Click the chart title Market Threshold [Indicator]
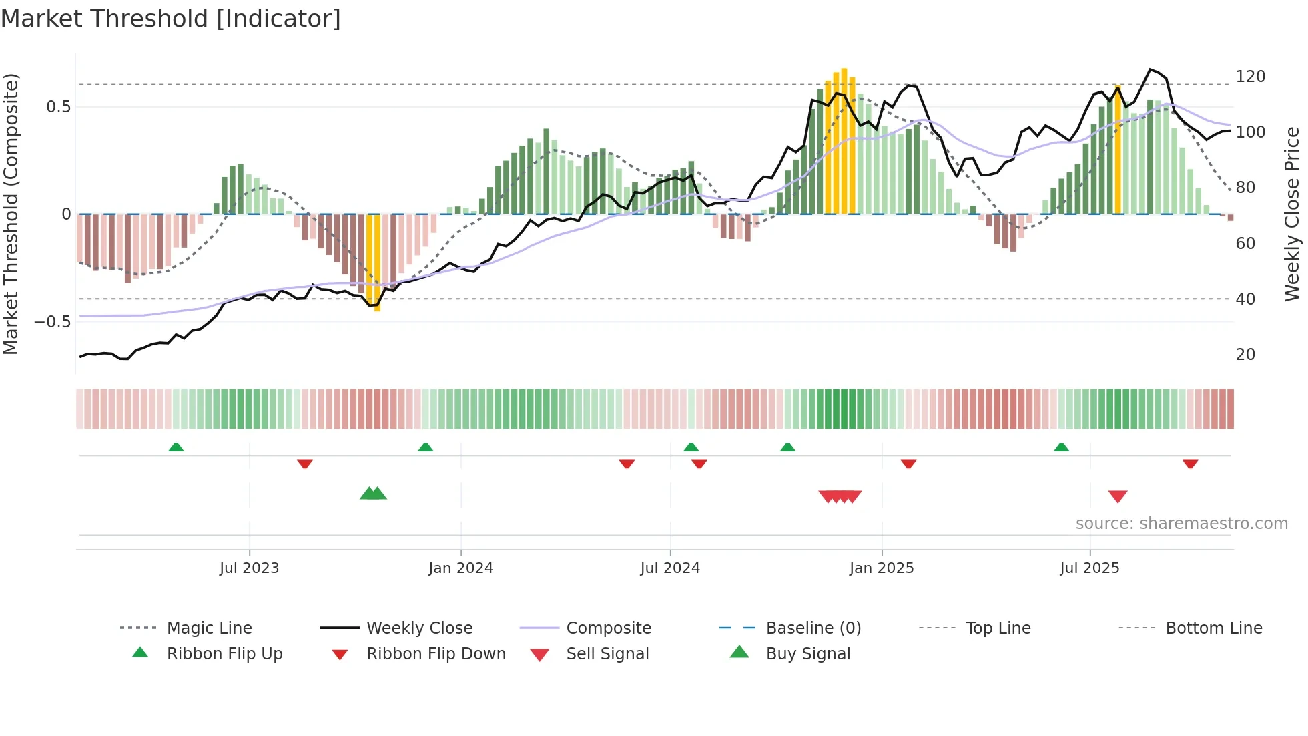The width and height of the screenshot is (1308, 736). (x=171, y=19)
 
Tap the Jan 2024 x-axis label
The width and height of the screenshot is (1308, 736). (x=460, y=568)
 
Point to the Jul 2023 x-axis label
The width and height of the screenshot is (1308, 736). (x=249, y=568)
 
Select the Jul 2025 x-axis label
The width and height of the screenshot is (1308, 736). (x=1089, y=568)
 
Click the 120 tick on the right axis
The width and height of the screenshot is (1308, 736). (x=1250, y=77)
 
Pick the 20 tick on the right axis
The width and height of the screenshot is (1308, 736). (x=1245, y=355)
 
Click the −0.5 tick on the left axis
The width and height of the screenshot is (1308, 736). (x=53, y=322)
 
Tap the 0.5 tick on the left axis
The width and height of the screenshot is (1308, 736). (x=58, y=107)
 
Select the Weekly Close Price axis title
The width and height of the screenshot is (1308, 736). (x=1292, y=214)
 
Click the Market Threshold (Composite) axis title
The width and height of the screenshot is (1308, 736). (x=11, y=214)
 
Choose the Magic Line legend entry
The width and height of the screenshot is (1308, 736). (x=209, y=628)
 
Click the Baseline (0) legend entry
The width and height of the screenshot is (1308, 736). (x=813, y=628)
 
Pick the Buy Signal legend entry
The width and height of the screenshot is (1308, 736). (x=807, y=654)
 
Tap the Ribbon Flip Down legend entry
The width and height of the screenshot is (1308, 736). (x=435, y=654)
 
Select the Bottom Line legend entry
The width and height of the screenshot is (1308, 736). (x=1213, y=628)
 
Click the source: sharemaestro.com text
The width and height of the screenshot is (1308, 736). (x=1181, y=524)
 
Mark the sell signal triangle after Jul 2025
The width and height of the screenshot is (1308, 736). (x=1118, y=496)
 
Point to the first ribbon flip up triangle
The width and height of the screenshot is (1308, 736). (x=176, y=447)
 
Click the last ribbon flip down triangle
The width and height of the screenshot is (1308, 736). (x=1190, y=464)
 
